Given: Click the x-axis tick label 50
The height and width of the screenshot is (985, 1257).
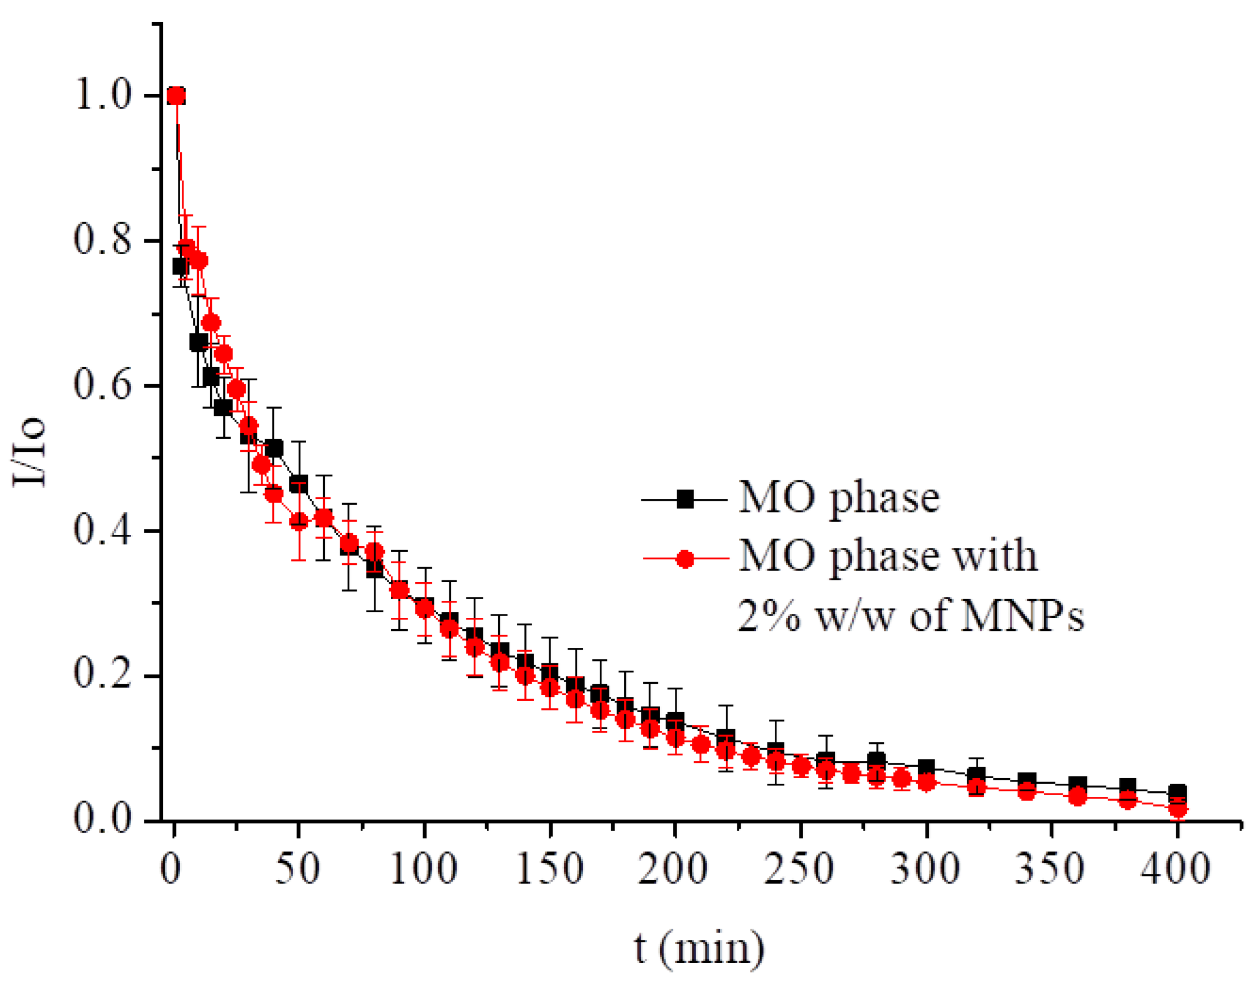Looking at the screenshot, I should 298,868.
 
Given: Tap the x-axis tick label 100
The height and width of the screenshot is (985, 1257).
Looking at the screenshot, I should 424,868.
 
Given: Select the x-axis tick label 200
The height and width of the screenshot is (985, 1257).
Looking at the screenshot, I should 673,868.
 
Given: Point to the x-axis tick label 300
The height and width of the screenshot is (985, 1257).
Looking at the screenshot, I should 925,868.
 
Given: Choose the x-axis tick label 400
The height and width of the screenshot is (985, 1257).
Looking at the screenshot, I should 1176,868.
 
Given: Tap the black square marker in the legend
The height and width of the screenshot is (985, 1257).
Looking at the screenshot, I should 684,499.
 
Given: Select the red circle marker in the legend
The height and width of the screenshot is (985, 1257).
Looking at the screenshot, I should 684,559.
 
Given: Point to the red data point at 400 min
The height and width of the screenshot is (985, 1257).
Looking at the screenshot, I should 1178,809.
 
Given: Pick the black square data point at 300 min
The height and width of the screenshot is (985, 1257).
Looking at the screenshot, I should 926,767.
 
